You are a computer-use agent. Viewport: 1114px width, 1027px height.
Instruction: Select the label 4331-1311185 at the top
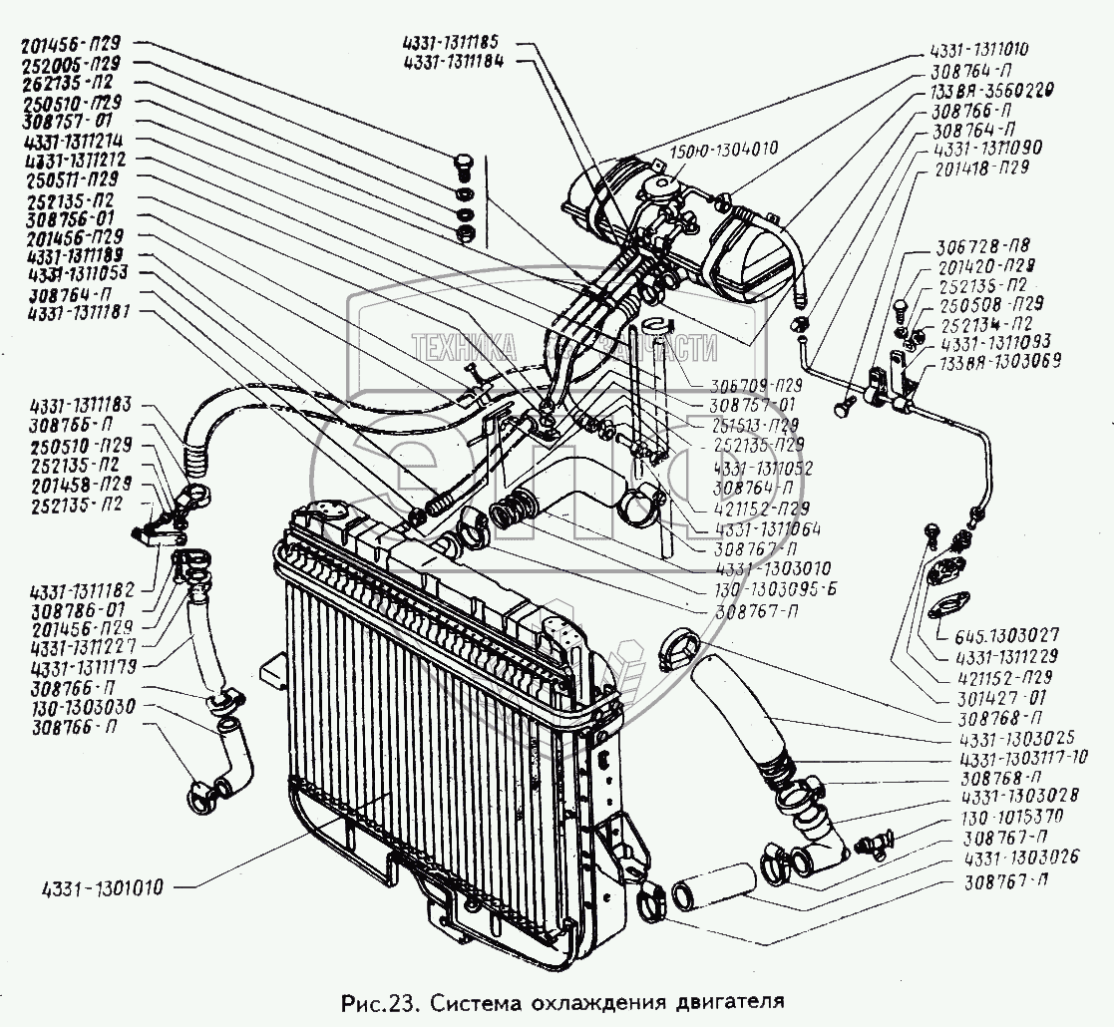point(458,45)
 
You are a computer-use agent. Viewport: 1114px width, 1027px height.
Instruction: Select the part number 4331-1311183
point(88,406)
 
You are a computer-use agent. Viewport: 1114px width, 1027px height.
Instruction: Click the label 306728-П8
point(982,249)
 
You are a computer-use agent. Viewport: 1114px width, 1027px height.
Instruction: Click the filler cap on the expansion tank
point(657,186)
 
